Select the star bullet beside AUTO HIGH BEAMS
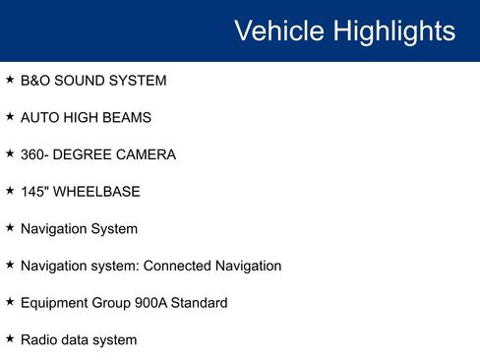click(x=10, y=116)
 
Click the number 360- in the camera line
click(x=37, y=154)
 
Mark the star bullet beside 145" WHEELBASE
click(x=10, y=190)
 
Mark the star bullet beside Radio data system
click(x=10, y=338)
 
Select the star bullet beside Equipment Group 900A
click(x=10, y=301)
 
